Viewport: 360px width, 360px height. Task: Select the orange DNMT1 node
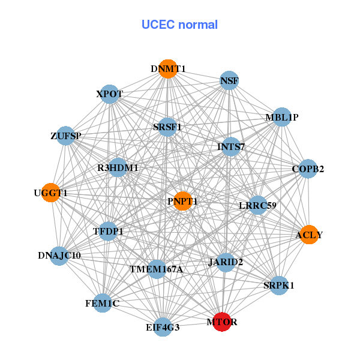click(168, 69)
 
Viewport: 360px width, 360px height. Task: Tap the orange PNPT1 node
click(182, 200)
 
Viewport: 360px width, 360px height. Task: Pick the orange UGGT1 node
click(51, 193)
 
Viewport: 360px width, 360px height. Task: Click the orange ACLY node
click(308, 235)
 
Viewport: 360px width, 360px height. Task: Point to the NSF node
click(229, 80)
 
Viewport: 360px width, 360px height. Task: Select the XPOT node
click(110, 94)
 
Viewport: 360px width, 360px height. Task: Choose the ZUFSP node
click(66, 136)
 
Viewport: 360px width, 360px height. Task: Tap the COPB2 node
click(308, 169)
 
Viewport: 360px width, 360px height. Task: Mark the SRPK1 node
click(278, 285)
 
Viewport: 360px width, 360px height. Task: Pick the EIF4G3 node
click(163, 327)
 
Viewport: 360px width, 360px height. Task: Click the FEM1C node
click(103, 304)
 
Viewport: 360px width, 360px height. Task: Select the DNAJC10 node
click(59, 256)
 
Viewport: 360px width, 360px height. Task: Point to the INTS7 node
click(231, 146)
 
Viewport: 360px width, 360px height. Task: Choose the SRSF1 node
click(167, 127)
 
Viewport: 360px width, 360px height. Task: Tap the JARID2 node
click(226, 262)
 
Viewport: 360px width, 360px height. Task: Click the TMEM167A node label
click(156, 269)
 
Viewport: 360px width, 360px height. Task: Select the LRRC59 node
click(257, 205)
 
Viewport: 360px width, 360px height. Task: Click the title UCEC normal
click(179, 25)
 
